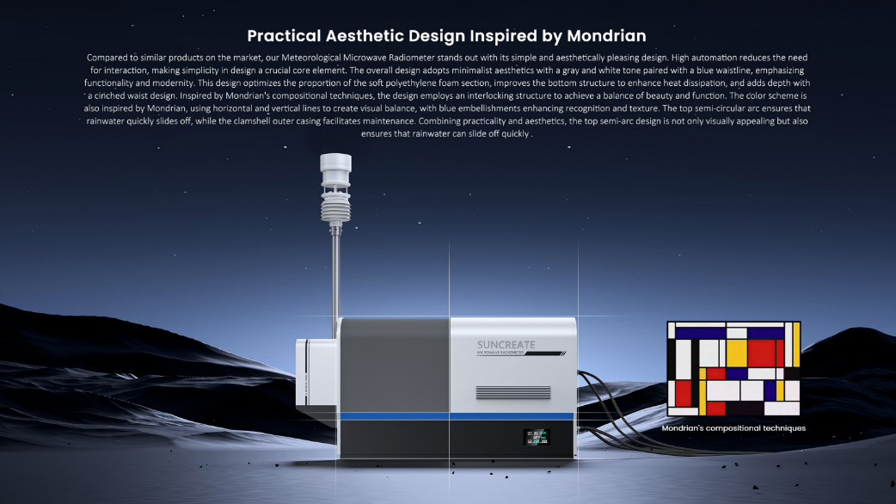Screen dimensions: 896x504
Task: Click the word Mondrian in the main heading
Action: coord(606,36)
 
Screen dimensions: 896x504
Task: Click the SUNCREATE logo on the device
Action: coord(506,345)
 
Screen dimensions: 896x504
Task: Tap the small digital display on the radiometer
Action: coord(537,437)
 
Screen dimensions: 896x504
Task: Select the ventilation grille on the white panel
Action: coord(513,392)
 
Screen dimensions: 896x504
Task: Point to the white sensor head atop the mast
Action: coord(335,169)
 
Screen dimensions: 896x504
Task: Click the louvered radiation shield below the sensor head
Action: coord(335,207)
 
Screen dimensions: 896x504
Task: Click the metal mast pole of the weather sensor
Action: coord(336,280)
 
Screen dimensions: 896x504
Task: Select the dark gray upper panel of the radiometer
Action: coord(395,366)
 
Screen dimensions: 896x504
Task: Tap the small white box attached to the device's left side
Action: coord(316,372)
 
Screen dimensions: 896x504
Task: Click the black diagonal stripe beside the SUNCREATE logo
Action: coord(545,353)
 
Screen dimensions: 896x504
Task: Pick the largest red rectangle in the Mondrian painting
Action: coord(761,353)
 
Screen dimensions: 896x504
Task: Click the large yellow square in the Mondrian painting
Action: coord(737,353)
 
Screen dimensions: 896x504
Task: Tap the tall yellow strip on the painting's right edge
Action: coord(796,345)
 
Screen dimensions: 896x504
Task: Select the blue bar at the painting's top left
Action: coord(700,333)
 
